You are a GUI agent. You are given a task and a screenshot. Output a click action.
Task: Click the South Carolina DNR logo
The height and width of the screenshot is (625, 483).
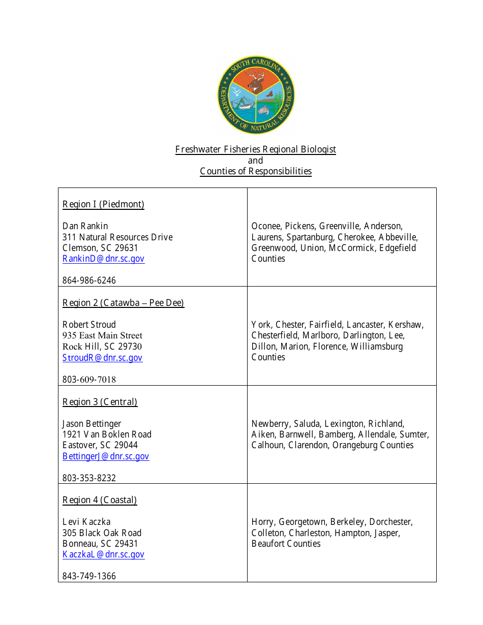point(256,95)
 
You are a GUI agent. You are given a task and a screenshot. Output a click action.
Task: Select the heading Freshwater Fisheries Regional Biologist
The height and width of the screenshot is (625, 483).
point(255,149)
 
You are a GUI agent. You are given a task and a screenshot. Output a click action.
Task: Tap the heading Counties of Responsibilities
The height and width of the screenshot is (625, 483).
point(255,171)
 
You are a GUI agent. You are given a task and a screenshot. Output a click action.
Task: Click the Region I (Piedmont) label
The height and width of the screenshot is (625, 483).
point(103,204)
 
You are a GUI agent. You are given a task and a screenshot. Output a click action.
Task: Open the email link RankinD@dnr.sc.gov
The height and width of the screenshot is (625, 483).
point(103,259)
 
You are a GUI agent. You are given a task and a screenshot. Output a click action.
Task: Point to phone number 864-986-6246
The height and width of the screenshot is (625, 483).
point(89,280)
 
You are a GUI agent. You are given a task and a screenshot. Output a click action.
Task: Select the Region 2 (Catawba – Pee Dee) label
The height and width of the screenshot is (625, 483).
point(123,303)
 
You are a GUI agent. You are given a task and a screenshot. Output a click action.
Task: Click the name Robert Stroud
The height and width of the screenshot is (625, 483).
point(89,325)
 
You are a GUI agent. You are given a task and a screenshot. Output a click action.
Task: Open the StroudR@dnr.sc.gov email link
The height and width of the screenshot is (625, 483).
point(102,358)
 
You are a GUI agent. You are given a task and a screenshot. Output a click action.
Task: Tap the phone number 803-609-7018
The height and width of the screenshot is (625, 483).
point(89,380)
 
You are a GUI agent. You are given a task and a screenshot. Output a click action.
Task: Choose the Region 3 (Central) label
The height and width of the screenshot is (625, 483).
point(100,402)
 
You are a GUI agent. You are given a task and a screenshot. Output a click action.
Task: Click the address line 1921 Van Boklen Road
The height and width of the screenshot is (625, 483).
point(107,434)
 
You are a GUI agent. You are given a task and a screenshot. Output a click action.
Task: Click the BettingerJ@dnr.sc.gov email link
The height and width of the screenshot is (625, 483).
point(106,456)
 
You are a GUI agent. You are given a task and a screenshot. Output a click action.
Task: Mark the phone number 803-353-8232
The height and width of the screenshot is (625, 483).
point(89,478)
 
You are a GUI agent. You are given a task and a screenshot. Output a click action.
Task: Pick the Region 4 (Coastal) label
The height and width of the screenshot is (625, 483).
point(100,500)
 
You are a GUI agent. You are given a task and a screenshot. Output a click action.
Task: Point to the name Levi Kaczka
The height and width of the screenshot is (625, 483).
point(86,522)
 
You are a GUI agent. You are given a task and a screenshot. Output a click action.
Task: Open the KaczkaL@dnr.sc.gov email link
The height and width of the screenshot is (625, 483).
point(103,554)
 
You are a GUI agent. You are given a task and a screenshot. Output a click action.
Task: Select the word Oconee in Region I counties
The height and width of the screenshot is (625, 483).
point(266,226)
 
